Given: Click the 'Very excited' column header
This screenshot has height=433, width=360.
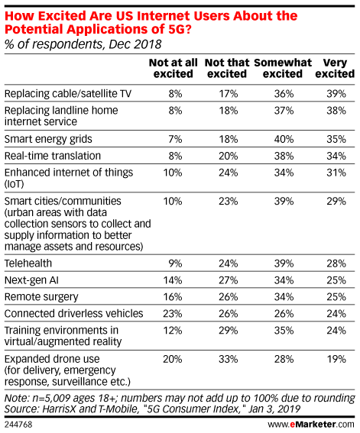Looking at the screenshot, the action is [x=335, y=68].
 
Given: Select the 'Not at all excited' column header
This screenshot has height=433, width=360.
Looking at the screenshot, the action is [x=174, y=68].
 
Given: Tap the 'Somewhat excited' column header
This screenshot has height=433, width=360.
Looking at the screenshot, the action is [x=283, y=68].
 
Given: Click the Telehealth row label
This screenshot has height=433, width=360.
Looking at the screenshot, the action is [x=28, y=263].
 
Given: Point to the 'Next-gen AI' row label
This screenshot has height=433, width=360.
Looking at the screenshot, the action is [x=31, y=280].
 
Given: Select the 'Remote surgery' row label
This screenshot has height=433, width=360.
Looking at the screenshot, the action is [x=41, y=297].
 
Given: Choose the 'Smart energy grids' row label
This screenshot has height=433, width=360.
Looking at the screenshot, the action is [x=48, y=139].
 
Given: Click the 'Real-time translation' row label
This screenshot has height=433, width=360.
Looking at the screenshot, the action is [x=53, y=156].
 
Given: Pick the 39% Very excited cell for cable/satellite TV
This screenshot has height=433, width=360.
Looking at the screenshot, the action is [x=336, y=94].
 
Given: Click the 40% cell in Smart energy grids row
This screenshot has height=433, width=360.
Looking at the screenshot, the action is [x=284, y=139].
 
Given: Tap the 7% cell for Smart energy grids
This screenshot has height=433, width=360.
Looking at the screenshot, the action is [x=175, y=139].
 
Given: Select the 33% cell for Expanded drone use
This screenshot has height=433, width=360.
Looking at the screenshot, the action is [x=229, y=359].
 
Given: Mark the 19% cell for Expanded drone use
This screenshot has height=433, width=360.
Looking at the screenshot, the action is [x=336, y=359].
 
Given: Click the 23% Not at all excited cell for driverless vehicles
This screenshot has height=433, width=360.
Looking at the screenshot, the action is [x=173, y=314].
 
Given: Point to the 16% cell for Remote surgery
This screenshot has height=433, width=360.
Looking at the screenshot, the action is [x=173, y=297].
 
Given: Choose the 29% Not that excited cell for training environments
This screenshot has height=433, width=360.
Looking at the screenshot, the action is [x=229, y=331].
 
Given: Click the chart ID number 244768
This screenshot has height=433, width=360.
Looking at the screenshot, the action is [x=18, y=425].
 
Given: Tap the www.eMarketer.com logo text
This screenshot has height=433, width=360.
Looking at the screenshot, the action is [x=311, y=424].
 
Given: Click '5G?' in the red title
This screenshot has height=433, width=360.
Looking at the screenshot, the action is [x=180, y=29].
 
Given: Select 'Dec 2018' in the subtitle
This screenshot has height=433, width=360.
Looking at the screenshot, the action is [x=135, y=44].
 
